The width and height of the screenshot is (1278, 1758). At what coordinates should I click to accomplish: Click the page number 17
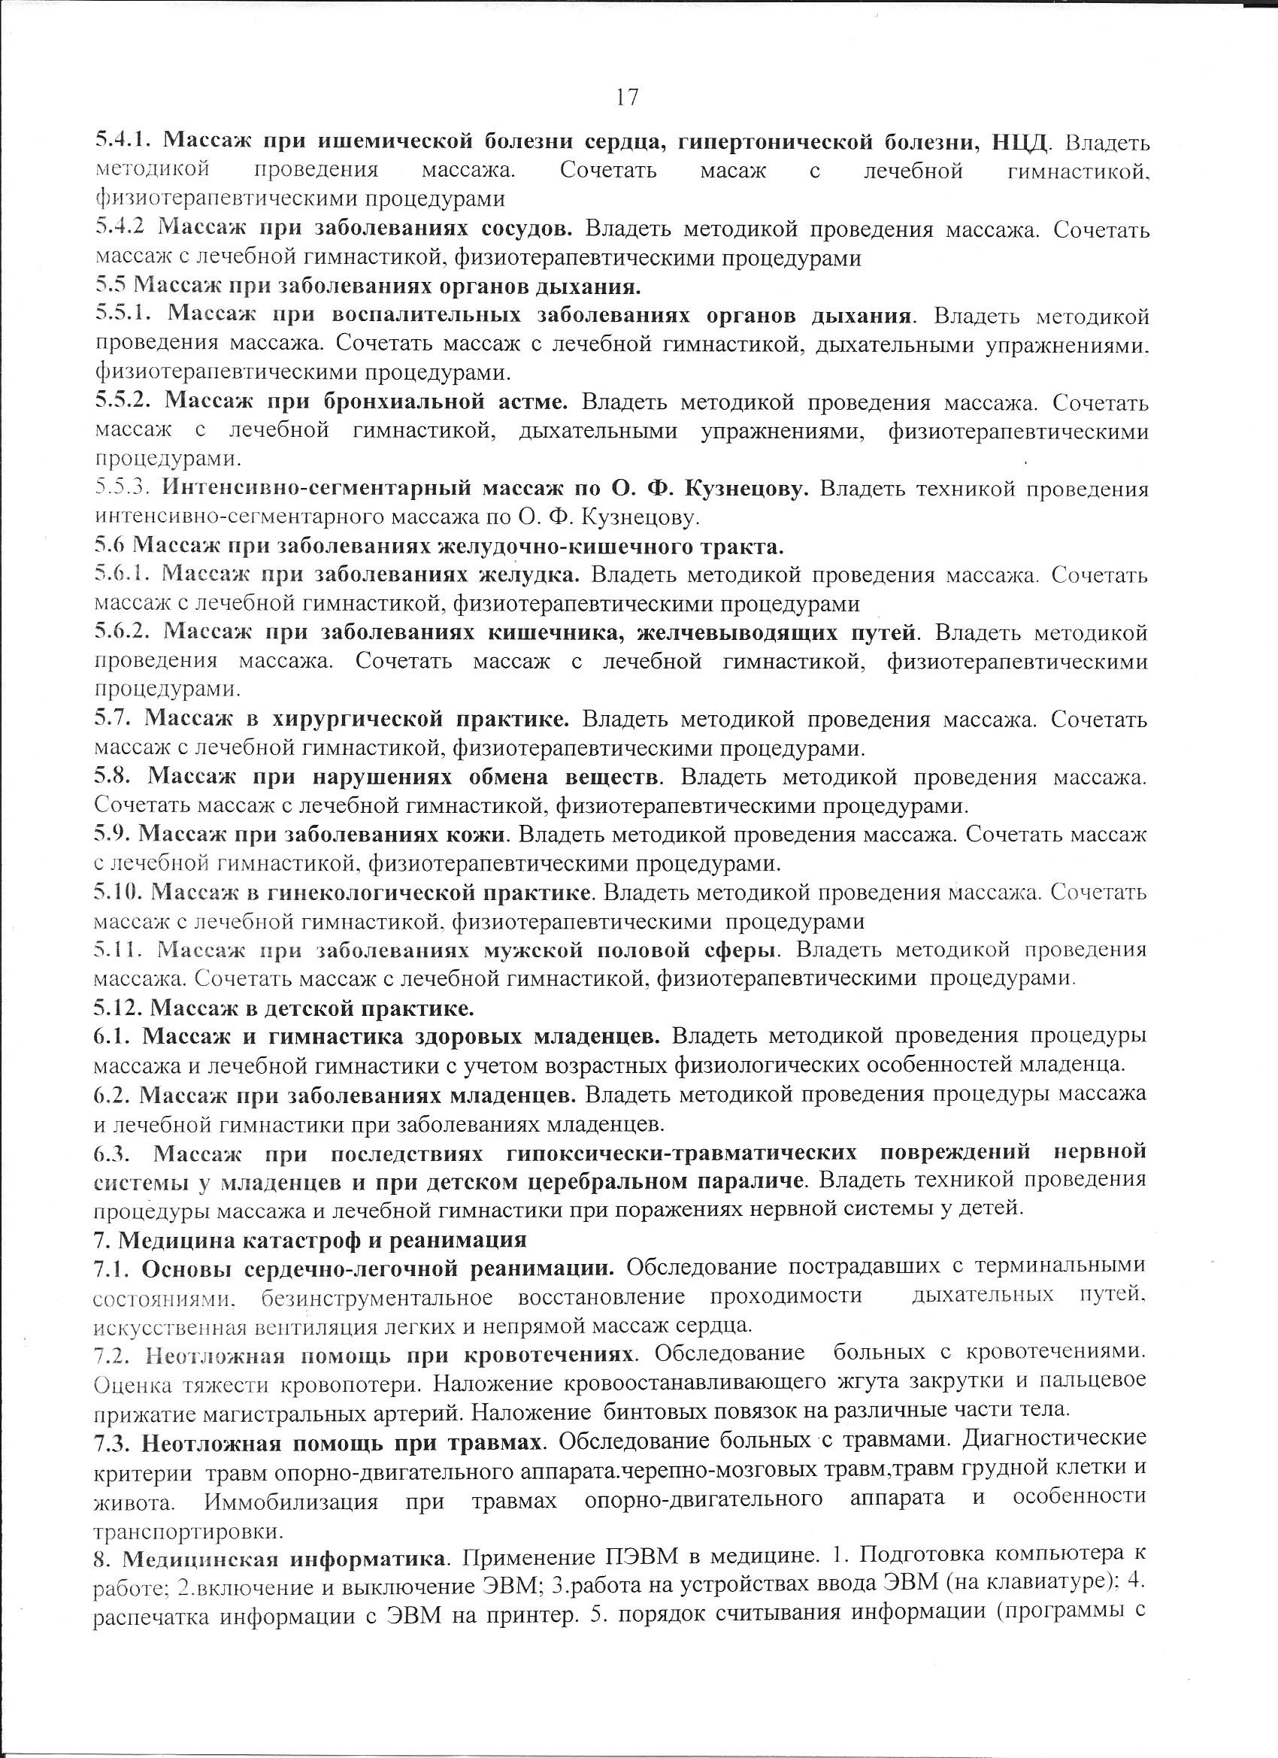tap(626, 97)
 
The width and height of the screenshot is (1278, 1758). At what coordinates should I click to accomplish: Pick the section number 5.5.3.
tap(126, 489)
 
